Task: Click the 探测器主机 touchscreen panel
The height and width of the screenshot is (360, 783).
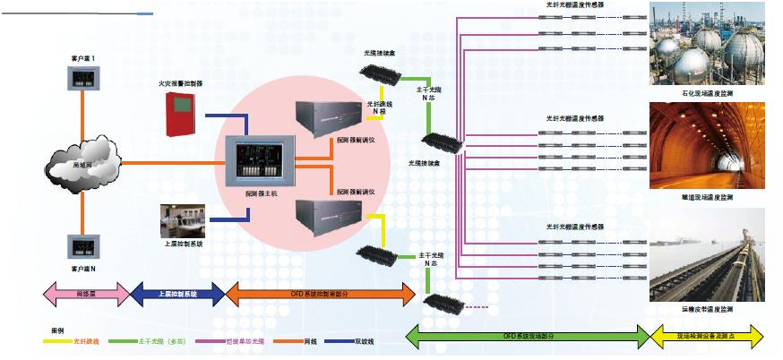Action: tap(258, 160)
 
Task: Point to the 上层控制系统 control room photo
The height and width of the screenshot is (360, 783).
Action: tap(183, 220)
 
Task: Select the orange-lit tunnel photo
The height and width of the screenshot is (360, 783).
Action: tap(707, 146)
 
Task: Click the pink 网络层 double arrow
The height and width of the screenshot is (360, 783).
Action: tap(87, 292)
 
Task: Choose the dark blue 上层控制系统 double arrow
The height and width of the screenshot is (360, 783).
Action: tap(176, 292)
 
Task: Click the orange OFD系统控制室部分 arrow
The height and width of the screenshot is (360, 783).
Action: tap(320, 293)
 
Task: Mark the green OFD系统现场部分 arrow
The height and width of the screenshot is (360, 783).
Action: tap(529, 337)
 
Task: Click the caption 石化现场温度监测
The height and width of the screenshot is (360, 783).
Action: tap(707, 93)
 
